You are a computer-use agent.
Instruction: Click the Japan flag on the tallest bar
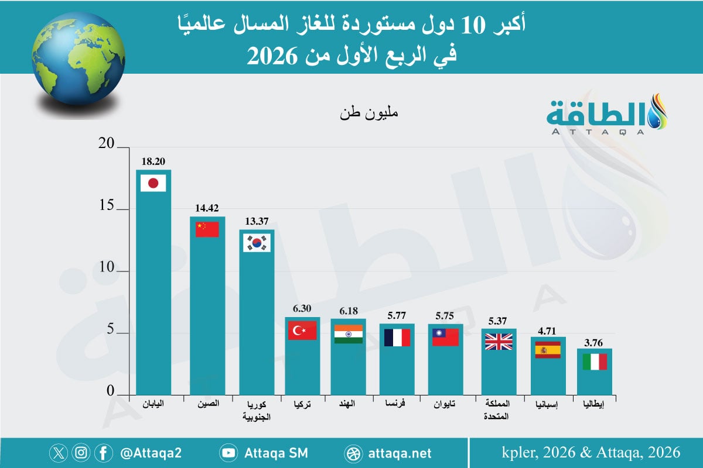point(153,184)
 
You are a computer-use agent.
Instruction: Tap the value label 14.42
point(207,208)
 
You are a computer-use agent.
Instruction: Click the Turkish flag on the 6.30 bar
point(302,331)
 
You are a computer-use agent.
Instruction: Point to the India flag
point(348,333)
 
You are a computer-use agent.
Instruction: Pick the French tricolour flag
point(397,338)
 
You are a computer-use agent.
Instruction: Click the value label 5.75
point(445,315)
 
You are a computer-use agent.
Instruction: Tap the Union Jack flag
point(499,342)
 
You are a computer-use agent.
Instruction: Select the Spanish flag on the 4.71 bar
point(548,350)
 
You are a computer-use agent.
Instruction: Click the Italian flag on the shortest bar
point(595,362)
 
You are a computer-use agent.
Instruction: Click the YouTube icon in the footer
point(228,453)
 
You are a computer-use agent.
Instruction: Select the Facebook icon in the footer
point(103,453)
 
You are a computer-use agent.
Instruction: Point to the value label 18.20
point(153,159)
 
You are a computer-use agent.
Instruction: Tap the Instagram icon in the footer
point(81,453)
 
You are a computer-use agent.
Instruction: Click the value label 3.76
point(595,339)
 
